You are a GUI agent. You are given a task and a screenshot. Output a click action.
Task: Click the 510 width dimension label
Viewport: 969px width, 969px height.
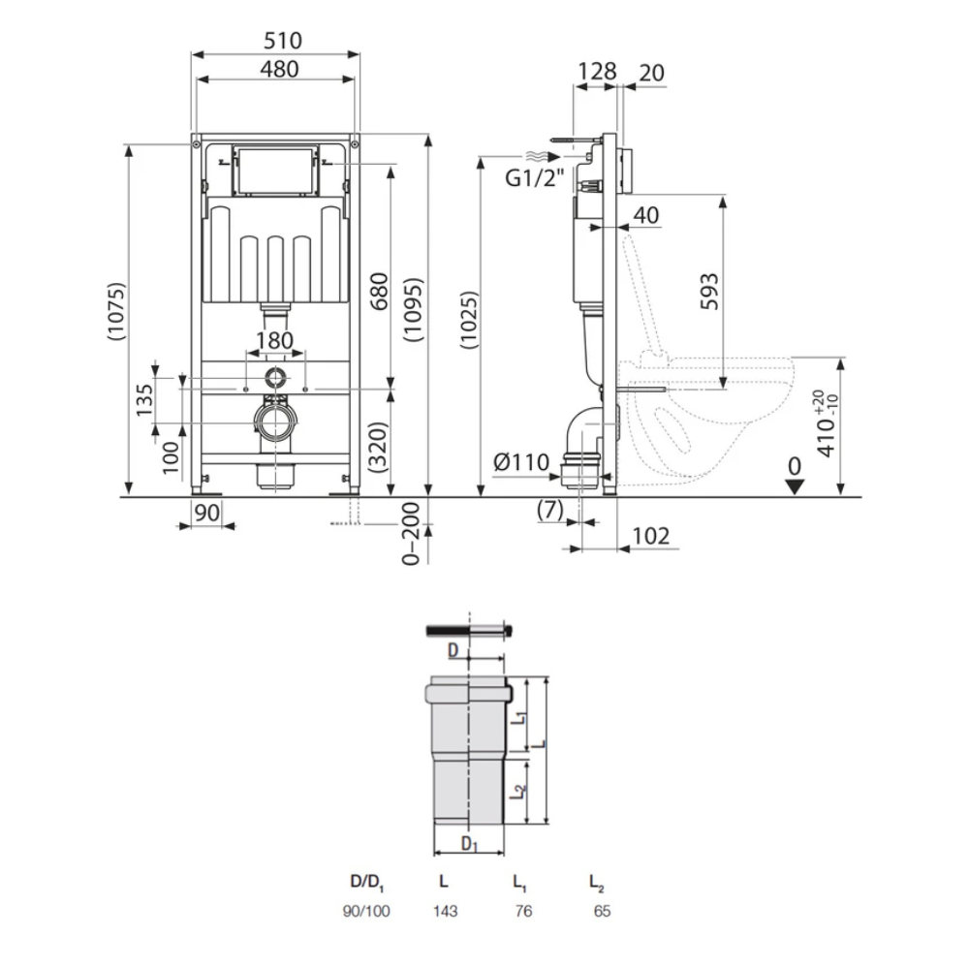[x=283, y=41]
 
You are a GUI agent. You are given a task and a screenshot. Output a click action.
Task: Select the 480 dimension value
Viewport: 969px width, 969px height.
[x=279, y=69]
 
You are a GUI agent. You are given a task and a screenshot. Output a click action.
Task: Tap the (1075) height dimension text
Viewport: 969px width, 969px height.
[x=116, y=311]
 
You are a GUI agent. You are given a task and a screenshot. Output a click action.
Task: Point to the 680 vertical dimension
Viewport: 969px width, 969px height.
[x=378, y=291]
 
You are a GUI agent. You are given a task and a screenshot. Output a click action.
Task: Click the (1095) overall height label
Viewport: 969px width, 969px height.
[x=413, y=310]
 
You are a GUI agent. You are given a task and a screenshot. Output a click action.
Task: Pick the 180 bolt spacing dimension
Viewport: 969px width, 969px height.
[x=275, y=340]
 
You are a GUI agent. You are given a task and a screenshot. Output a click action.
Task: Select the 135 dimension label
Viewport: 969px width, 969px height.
[x=144, y=400]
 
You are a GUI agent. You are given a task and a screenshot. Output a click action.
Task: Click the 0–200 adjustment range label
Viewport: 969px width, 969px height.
[x=411, y=534]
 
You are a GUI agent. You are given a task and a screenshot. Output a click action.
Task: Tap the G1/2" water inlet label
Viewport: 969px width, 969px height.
[x=535, y=178]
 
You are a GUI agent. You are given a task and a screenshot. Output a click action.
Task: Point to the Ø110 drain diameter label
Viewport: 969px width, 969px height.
[x=521, y=462]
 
